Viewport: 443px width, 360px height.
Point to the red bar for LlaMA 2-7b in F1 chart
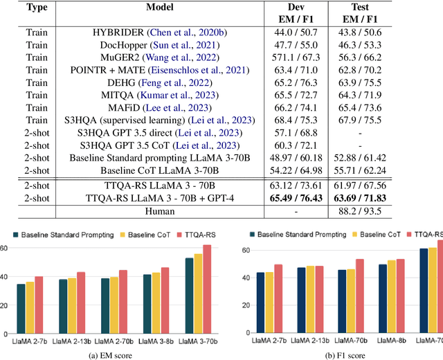(279, 290)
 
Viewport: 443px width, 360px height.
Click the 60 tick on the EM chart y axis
(6, 248)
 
